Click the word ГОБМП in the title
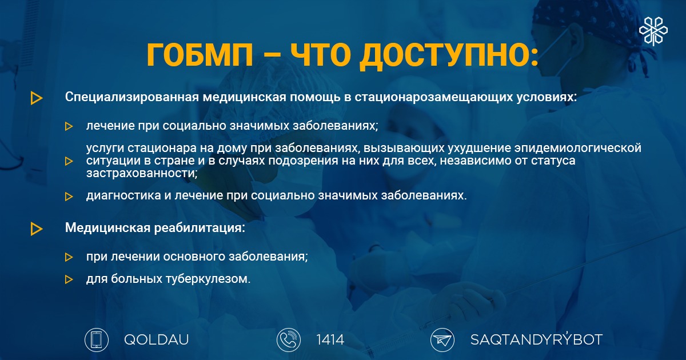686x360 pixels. (200, 54)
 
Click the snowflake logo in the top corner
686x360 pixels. (653, 31)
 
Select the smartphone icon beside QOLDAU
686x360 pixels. (97, 339)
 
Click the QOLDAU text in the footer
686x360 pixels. (157, 340)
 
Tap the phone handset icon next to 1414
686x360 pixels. (289, 339)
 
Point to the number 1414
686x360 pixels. (330, 340)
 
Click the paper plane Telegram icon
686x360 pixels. (442, 339)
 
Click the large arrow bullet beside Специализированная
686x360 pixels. (36, 98)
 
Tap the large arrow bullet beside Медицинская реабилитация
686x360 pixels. (36, 229)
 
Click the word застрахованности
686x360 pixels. (142, 173)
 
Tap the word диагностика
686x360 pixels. (123, 195)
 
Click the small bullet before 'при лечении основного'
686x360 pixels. (69, 257)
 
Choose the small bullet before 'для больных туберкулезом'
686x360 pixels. (69, 279)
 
